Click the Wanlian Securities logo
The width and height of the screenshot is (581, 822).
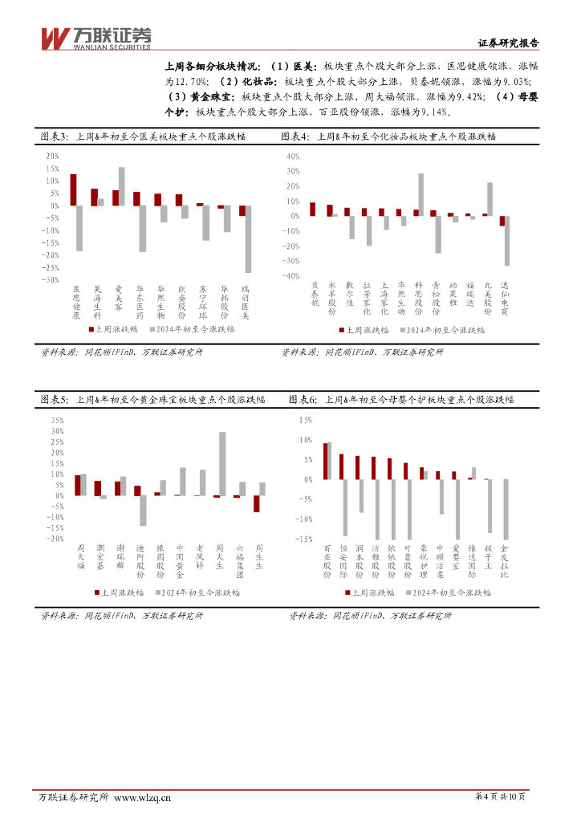[x=95, y=37]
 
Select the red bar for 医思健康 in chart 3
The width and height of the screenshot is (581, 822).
[x=73, y=189]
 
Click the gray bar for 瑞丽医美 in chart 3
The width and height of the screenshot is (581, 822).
[x=249, y=239]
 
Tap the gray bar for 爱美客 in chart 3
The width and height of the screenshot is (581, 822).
[x=122, y=186]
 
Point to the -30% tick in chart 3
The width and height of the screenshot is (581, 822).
[x=51, y=280]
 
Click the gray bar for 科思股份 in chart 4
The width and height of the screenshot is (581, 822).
[x=421, y=194]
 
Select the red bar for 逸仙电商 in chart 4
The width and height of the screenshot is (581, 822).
[x=502, y=221]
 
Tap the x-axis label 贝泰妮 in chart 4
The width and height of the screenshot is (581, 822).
[x=315, y=294]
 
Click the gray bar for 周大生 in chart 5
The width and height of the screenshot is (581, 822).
[x=222, y=464]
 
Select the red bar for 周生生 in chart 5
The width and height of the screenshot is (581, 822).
[x=256, y=503]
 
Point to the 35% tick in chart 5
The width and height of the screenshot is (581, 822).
[x=57, y=420]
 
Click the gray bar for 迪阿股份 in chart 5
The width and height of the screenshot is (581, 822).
[x=143, y=511]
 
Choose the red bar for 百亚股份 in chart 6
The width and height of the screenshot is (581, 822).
[x=325, y=461]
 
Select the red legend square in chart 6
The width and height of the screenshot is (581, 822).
[x=348, y=592]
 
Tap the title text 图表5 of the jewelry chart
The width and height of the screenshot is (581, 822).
[x=55, y=399]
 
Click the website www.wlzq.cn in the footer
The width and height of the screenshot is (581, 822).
[x=143, y=797]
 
